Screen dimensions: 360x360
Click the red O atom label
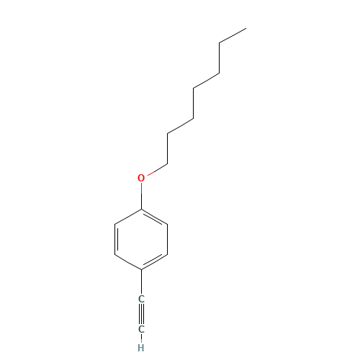point(141,178)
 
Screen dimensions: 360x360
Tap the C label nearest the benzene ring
point(142,298)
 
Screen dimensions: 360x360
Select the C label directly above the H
point(142,329)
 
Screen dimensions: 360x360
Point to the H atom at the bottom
point(142,346)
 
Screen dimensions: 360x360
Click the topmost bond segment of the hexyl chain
point(233,36)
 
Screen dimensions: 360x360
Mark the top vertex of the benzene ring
point(142,210)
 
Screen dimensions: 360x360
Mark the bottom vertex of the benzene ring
point(142,269)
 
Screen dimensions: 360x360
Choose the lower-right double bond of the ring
point(156,261)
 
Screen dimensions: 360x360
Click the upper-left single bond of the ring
point(128,217)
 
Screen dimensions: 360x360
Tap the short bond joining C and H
point(142,338)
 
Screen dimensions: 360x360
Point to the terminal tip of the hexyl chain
point(246,29)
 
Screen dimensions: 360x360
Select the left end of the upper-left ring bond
point(116,224)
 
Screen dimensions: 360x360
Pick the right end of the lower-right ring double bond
point(168,254)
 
